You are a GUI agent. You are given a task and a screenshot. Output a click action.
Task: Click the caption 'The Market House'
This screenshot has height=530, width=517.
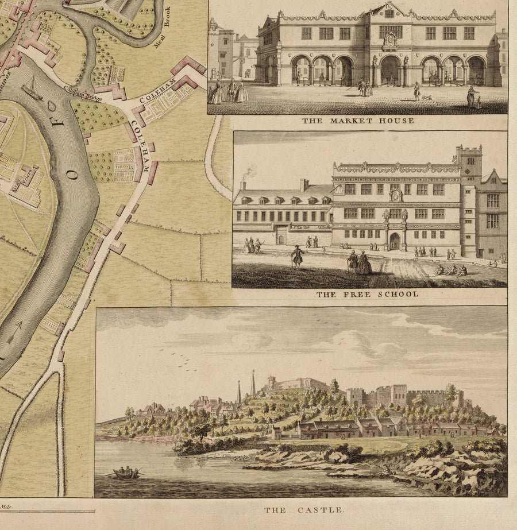(x=358, y=121)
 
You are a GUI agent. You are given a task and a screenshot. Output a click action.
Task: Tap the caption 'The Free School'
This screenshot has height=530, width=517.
(x=367, y=295)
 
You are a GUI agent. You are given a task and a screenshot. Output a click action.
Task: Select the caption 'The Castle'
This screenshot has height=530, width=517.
(x=304, y=510)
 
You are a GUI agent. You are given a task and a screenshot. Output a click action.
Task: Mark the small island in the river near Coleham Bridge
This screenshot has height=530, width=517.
(x=51, y=106)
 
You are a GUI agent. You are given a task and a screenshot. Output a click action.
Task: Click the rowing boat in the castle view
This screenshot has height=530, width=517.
(x=127, y=473)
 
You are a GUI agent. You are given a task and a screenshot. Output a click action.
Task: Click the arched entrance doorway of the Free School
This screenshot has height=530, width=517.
(x=395, y=241)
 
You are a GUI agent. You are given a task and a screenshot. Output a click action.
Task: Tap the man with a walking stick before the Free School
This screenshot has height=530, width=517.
(x=297, y=256)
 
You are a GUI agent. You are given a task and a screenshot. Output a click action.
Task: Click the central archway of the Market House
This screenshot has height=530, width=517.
(x=391, y=70)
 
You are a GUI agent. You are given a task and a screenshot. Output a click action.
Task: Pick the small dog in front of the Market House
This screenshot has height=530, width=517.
(x=427, y=97)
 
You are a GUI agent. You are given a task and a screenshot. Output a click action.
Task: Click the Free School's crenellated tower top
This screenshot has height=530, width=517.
(x=469, y=151)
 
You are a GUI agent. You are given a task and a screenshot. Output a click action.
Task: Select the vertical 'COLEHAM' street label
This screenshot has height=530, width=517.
(x=141, y=146)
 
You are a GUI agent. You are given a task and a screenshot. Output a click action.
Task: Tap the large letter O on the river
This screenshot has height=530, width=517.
(x=73, y=174)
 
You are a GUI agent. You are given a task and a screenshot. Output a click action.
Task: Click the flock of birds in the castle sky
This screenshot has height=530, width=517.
(x=184, y=360)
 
